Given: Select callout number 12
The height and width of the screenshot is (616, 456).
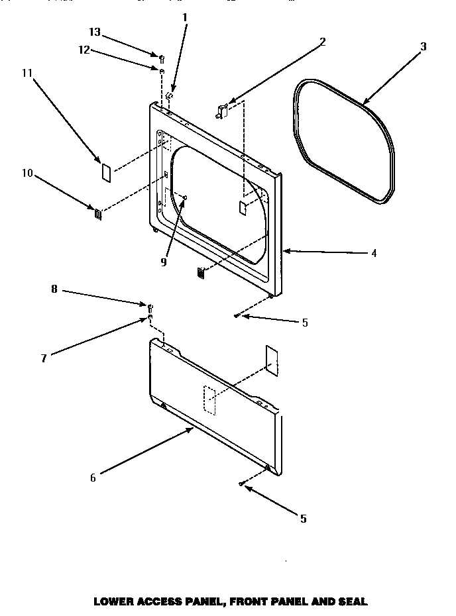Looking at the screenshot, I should tap(84, 50).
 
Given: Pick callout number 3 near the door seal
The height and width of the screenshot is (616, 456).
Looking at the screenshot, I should tap(423, 46).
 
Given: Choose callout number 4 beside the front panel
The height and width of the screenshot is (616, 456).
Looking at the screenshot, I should tap(374, 253).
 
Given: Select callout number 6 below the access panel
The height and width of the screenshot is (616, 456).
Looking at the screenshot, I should tap(93, 478).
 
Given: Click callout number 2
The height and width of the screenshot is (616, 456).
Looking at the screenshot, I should tap(322, 41).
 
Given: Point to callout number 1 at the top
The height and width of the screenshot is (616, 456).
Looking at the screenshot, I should tap(185, 15).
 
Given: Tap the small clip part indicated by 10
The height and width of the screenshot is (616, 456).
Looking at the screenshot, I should tap(97, 213).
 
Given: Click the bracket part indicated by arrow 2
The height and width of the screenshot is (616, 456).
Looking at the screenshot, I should tap(222, 111).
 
